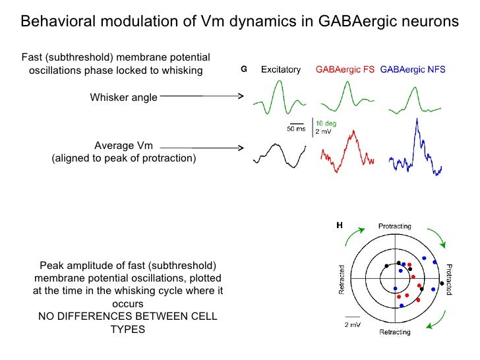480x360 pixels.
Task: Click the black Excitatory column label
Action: click(x=281, y=69)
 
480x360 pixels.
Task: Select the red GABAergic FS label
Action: click(x=345, y=69)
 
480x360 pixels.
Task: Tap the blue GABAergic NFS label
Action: click(x=413, y=69)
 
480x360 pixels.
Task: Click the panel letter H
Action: click(x=340, y=225)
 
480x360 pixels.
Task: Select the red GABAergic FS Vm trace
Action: click(x=347, y=154)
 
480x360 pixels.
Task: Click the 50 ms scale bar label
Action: click(x=295, y=129)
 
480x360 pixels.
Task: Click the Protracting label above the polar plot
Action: click(x=394, y=226)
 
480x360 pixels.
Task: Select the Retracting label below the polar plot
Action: click(x=394, y=332)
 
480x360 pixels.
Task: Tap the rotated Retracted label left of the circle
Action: click(x=342, y=280)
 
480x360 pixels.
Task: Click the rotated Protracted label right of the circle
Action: click(x=448, y=280)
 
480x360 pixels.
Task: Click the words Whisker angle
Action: click(x=123, y=98)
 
